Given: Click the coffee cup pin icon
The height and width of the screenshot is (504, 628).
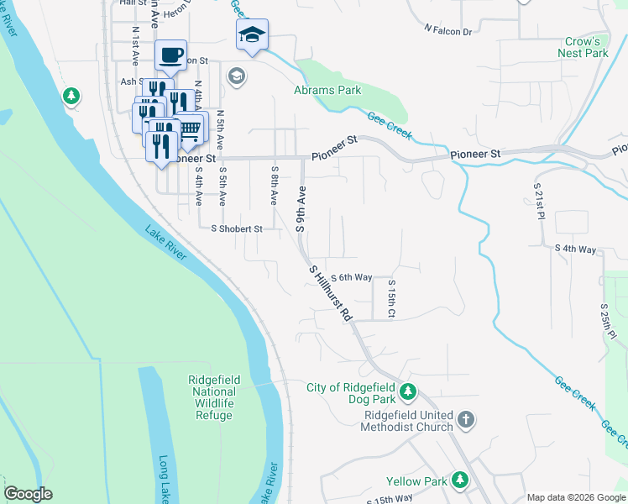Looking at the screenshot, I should [170, 55].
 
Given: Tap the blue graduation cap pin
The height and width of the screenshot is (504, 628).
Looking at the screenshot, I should [252, 34].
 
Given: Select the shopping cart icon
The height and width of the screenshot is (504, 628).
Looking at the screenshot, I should [191, 128].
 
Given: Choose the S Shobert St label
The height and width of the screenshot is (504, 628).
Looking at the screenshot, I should [237, 228].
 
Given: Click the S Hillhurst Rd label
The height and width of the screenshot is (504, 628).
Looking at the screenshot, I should [330, 295].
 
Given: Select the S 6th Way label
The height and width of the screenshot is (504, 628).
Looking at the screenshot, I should [351, 278].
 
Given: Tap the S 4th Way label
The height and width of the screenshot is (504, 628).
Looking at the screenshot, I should [575, 249].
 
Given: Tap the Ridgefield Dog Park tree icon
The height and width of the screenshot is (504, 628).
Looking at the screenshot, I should [407, 391].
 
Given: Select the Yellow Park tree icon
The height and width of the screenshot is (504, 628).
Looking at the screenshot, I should [459, 480].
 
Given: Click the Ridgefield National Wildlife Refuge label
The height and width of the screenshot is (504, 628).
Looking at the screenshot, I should [214, 397].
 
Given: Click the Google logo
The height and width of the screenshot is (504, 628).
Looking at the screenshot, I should [29, 494].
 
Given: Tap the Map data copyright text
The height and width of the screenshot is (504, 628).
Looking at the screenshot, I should [576, 497].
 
